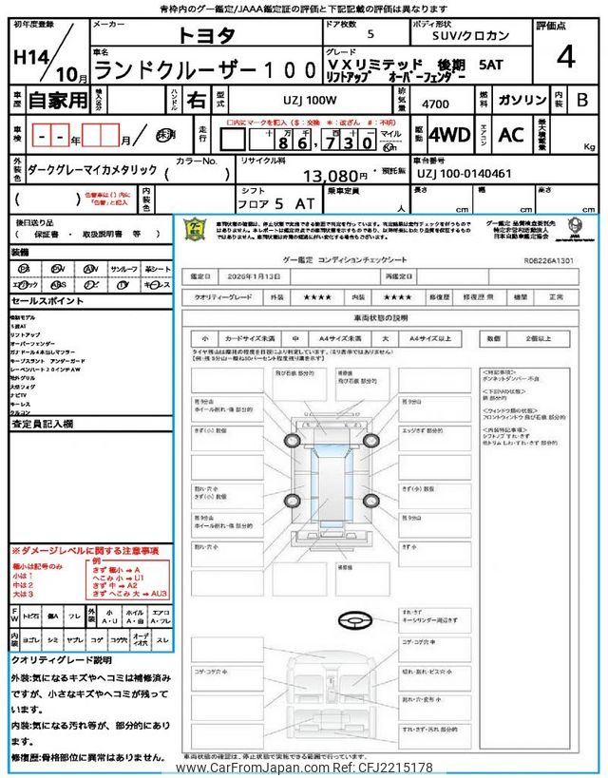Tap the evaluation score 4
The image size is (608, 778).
coord(565,57)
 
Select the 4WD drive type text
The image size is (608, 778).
coord(448,135)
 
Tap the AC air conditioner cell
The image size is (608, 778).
coord(510,135)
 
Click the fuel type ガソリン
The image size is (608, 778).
coord(522,99)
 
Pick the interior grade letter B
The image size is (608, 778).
coord(582,99)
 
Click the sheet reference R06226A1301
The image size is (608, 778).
coord(549,257)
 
